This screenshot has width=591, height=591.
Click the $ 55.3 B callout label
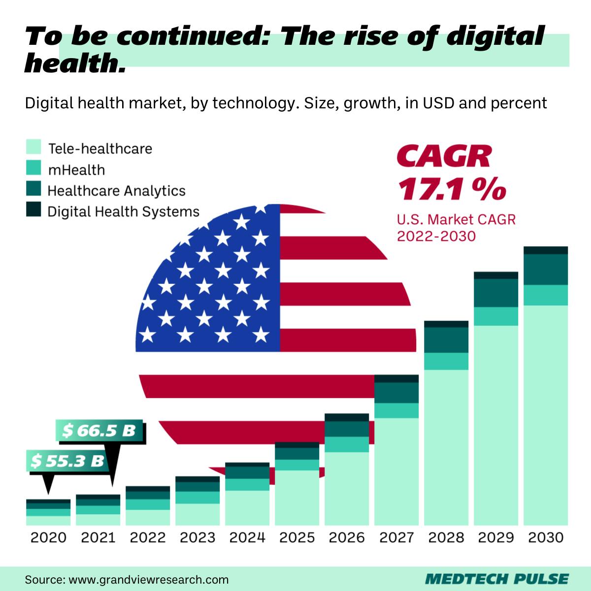67,461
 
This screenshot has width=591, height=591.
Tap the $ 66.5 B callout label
98,430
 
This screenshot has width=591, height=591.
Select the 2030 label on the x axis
545,537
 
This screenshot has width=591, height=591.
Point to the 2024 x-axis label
247,537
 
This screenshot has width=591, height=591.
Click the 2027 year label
396,537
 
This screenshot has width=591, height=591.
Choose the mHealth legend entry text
76,170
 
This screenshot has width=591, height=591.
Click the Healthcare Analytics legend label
116,191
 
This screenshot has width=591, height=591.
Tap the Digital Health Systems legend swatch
33,210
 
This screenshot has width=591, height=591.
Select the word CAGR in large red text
444,157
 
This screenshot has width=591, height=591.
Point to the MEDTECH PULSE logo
496,578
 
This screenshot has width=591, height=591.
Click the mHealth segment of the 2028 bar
446,361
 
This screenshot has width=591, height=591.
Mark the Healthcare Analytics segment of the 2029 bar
495,293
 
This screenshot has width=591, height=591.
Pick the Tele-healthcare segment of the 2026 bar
346,488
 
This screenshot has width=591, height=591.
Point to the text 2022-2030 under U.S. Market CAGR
436,236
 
